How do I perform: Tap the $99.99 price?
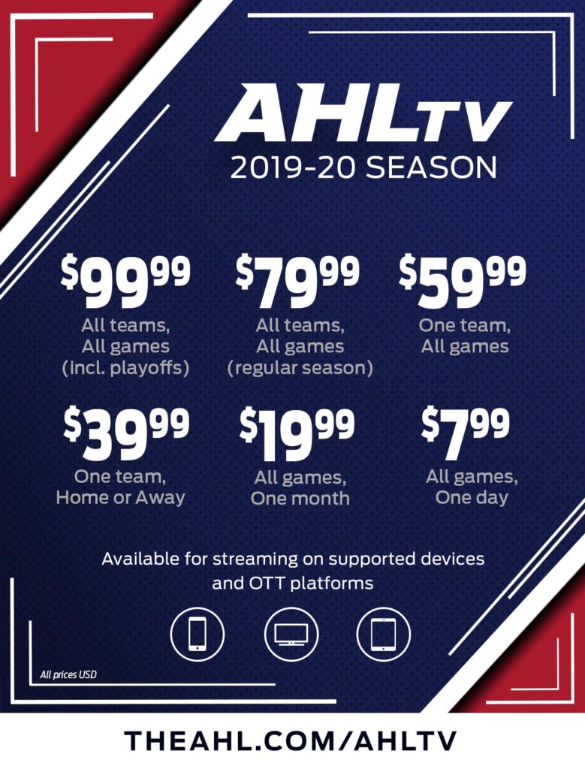point(125,282)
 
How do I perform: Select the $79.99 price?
point(297,282)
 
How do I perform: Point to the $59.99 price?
point(463,282)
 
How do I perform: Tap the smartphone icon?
point(197,634)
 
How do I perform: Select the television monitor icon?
point(291,634)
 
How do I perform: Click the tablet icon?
point(384,634)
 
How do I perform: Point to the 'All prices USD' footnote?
point(68,675)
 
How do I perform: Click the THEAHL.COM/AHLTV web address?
point(291,740)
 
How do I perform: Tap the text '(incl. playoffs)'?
point(125,368)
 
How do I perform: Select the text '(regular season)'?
point(300,368)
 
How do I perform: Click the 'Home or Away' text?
point(121,497)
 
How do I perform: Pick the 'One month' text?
point(300,499)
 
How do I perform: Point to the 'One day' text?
point(472,498)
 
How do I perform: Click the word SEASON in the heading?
point(432,167)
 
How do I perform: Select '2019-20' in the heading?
point(294,167)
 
